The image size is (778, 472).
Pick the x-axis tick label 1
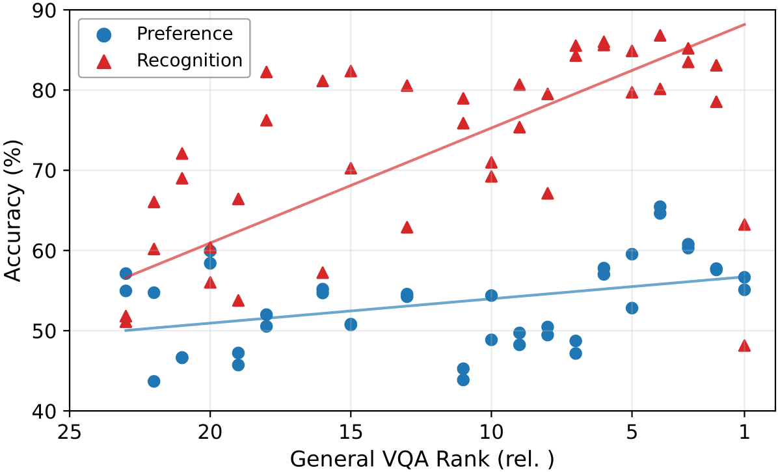(x=745, y=431)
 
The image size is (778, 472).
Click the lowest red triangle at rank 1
(x=745, y=346)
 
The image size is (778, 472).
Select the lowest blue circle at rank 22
(x=154, y=381)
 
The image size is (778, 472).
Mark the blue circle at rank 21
(x=182, y=357)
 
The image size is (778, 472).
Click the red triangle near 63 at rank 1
(x=745, y=225)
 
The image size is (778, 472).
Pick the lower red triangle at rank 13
(x=407, y=227)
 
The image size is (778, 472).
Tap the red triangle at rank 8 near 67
(x=548, y=193)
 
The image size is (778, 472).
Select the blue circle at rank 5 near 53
(x=632, y=308)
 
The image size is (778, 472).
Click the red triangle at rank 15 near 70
(x=351, y=169)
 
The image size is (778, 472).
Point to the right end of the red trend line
(x=745, y=24)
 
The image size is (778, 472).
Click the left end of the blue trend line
(x=126, y=330)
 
